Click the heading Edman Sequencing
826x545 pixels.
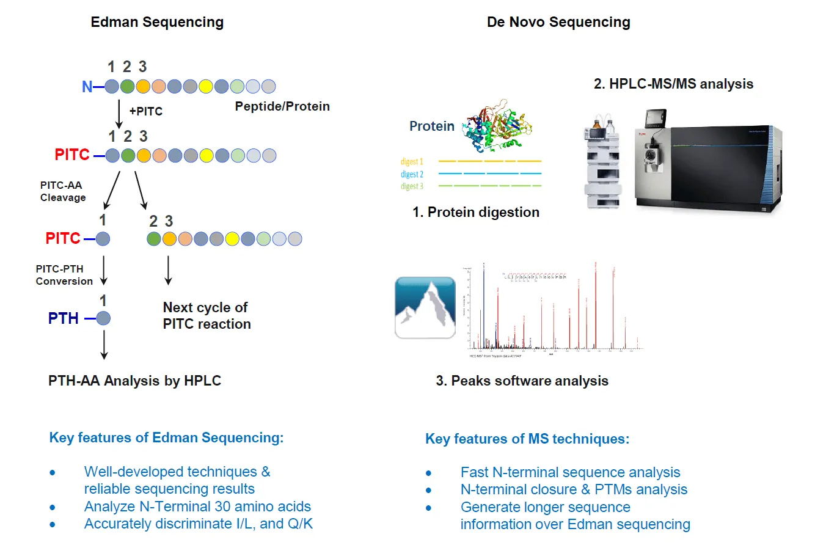click(157, 23)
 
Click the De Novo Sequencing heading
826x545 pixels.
click(558, 23)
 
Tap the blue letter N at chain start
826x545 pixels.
click(87, 87)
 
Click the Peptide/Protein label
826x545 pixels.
click(282, 106)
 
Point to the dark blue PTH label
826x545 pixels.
click(64, 318)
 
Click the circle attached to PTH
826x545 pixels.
click(103, 318)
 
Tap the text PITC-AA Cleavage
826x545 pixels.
click(63, 191)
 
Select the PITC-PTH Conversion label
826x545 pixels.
click(64, 275)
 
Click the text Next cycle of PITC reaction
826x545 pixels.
click(206, 316)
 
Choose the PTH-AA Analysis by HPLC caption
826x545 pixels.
click(134, 381)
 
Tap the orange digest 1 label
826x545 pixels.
click(412, 161)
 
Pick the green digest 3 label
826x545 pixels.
click(412, 186)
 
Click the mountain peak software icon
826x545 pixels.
click(425, 307)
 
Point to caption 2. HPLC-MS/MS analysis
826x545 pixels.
click(673, 84)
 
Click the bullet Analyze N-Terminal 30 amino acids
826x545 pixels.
click(197, 507)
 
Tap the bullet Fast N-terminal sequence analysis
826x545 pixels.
click(570, 472)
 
